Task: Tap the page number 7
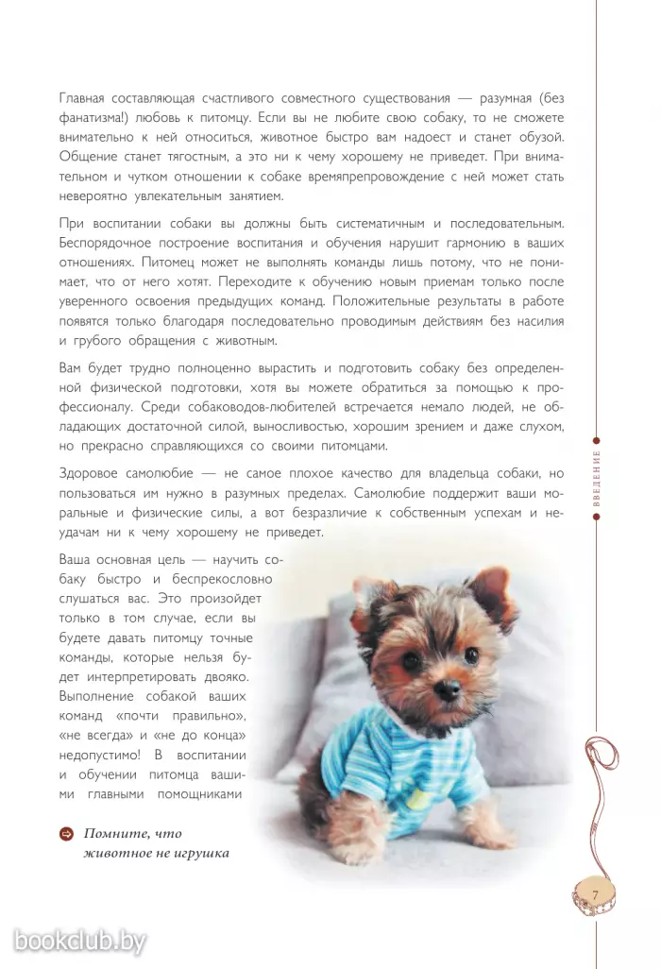pyautogui.click(x=596, y=892)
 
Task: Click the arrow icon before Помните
pyautogui.click(x=66, y=834)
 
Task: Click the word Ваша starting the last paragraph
pyautogui.click(x=76, y=558)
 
